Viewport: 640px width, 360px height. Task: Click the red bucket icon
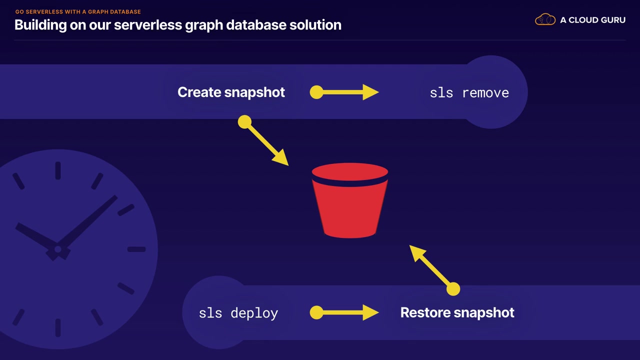350,200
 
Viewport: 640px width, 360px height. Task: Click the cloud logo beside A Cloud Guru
545,19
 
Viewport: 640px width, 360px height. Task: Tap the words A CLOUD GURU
593,20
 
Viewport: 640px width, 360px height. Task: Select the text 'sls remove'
469,93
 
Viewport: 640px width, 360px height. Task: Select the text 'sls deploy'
238,313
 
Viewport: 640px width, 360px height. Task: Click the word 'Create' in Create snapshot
199,92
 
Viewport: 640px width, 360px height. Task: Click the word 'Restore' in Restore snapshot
425,312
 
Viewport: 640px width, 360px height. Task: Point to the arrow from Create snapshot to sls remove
344,92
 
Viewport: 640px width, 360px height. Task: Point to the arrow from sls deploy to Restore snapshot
344,312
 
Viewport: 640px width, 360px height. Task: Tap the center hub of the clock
58,249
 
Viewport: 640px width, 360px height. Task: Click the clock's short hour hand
36,236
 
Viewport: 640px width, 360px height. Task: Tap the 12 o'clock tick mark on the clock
58,170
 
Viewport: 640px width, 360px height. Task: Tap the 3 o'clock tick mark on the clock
136,249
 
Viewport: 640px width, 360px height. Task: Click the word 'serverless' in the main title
147,25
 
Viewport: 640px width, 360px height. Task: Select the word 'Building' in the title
40,25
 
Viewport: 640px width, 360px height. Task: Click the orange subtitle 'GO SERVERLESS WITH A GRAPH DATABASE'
78,11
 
